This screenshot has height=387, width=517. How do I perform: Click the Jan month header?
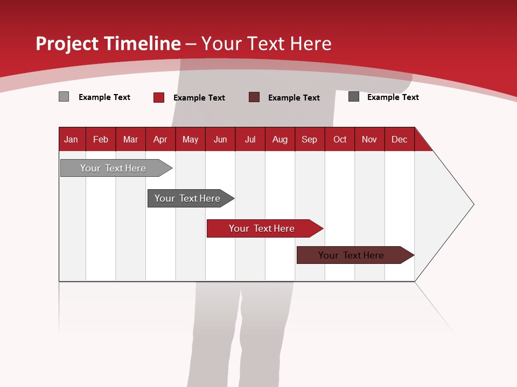coord(72,139)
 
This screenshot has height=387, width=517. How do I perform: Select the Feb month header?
coord(101,139)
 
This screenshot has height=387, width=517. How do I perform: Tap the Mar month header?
coord(130,139)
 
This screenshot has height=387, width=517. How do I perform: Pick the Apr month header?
coord(160,139)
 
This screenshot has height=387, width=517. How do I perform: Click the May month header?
coord(190,139)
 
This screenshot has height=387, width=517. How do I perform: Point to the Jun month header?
coord(220,139)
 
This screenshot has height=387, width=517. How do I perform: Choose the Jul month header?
coord(250,139)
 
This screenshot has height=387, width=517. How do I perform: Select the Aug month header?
coord(280,139)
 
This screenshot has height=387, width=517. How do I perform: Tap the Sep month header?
coord(310,139)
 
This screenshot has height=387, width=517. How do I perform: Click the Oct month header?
coord(340,139)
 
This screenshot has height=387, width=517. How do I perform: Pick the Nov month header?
coord(369,139)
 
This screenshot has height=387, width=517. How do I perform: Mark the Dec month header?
coord(400,139)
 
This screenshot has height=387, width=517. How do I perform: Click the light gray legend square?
coord(64,97)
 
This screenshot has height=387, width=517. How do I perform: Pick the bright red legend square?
coord(159,97)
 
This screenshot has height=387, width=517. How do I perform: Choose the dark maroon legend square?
coord(254,97)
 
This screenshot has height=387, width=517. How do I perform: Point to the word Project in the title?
coord(66,44)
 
